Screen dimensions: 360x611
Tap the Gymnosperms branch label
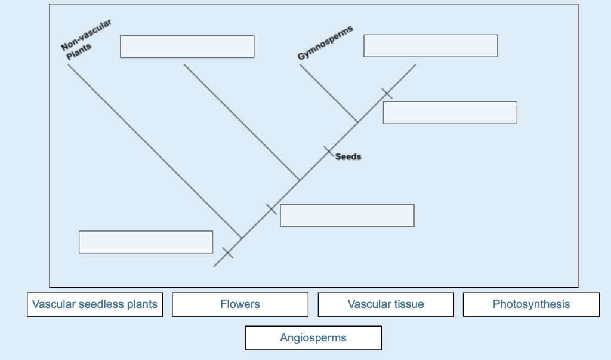[325, 43]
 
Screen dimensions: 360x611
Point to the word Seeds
[348, 157]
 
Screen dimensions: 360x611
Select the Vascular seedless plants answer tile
[95, 304]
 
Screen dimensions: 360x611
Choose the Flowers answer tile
[240, 304]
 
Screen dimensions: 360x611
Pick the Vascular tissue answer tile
[385, 304]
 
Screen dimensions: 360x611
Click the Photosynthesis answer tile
[531, 304]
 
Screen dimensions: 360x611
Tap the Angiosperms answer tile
[313, 338]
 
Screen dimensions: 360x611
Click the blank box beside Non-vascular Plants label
[187, 47]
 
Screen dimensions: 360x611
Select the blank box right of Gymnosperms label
[430, 46]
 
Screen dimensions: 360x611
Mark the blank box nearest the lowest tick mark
[146, 242]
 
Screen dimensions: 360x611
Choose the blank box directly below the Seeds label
[347, 216]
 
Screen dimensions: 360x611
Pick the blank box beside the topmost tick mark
[449, 113]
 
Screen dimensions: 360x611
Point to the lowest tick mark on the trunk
[227, 253]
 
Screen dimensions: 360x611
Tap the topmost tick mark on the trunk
[387, 93]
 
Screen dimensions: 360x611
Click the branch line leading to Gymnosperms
[328, 93]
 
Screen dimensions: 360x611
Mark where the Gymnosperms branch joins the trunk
[357, 122]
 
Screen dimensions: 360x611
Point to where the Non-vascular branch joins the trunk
[241, 239]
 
